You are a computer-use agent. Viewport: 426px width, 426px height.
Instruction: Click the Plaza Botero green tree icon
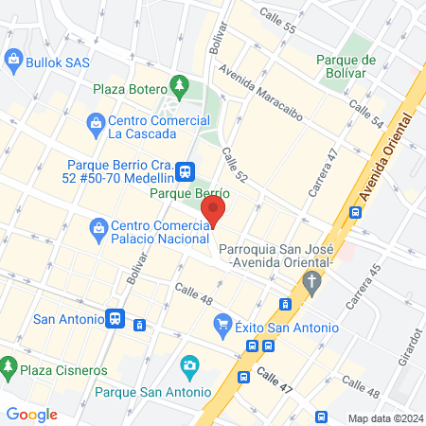click(x=178, y=86)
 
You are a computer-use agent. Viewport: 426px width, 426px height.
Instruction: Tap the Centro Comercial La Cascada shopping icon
click(x=96, y=122)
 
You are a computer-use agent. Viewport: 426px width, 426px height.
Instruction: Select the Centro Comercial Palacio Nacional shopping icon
click(x=98, y=227)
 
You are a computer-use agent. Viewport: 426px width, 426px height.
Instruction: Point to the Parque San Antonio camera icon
click(x=189, y=365)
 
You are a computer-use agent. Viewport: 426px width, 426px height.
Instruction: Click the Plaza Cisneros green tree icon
click(x=9, y=366)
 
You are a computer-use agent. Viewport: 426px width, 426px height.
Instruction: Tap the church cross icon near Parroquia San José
click(x=312, y=281)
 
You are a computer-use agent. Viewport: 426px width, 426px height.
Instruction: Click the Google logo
click(x=32, y=414)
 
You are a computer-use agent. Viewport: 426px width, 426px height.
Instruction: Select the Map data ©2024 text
click(x=383, y=418)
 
